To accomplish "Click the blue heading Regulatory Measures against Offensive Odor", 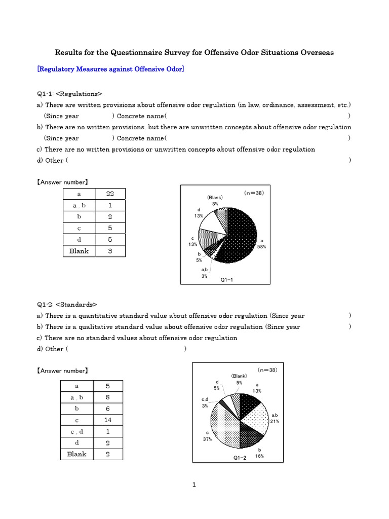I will [x=110, y=69].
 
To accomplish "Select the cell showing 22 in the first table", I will [x=109, y=194].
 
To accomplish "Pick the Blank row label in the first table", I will [x=79, y=251].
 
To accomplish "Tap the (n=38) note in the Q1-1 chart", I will [x=253, y=193].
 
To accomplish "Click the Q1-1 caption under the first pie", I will [x=227, y=279].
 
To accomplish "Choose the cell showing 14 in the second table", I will [x=107, y=420].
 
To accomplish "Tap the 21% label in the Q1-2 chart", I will [x=275, y=421].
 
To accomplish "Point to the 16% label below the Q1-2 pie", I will [x=260, y=456].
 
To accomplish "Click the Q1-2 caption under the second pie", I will [x=240, y=458].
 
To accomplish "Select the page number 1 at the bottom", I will [x=194, y=485].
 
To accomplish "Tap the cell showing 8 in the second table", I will [x=107, y=397].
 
